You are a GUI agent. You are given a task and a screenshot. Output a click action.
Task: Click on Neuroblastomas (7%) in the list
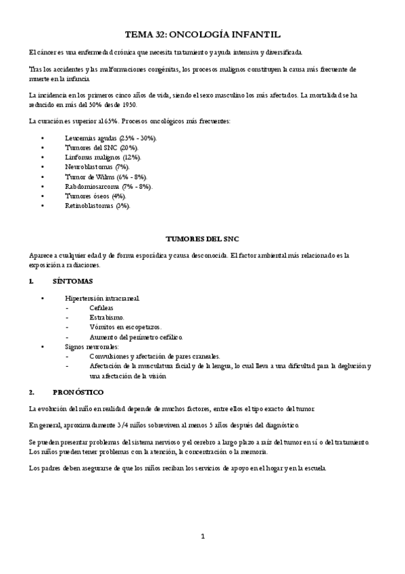[x=97, y=166]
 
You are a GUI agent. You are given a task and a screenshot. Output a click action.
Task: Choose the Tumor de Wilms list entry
[x=101, y=176]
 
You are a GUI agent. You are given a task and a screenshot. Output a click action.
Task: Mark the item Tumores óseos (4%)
[x=96, y=195]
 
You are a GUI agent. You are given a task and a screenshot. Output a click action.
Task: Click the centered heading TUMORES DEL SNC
[x=202, y=240]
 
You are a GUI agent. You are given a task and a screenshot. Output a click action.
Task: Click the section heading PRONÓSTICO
[x=78, y=392]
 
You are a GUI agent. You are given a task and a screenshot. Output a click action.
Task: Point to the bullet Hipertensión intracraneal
[x=103, y=298]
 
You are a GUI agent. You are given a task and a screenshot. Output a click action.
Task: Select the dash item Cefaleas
[x=103, y=307]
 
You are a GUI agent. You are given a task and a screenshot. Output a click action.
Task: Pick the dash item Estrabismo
[x=107, y=317]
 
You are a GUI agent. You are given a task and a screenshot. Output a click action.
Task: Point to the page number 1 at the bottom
[x=202, y=536]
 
